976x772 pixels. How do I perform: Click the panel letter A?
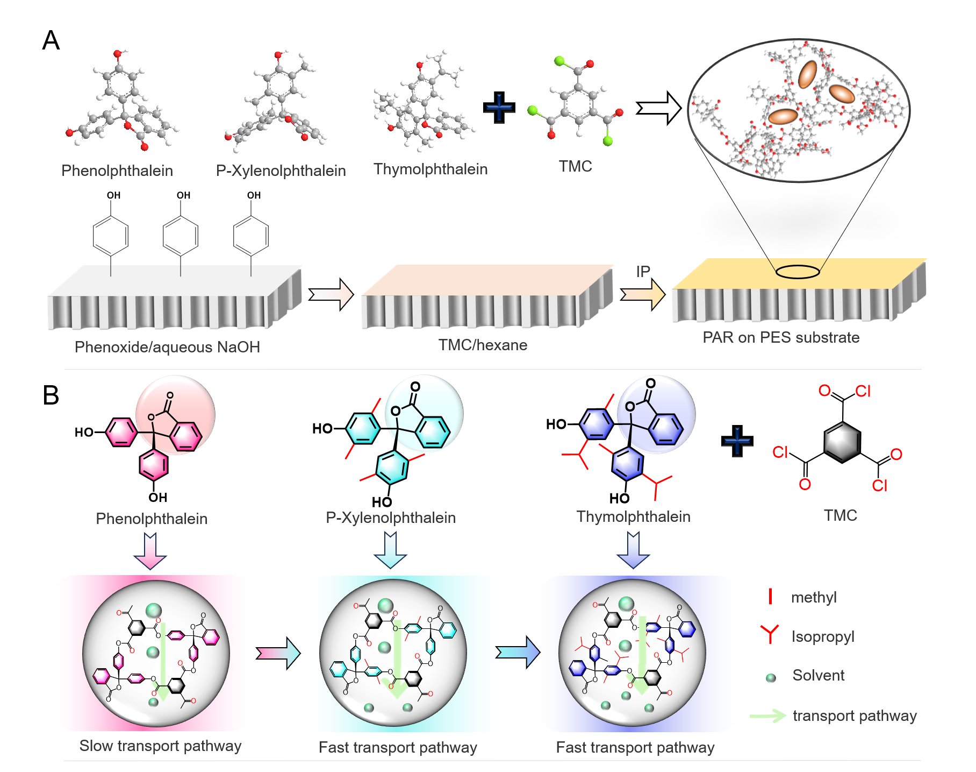(51, 40)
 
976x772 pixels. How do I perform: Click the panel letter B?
(51, 395)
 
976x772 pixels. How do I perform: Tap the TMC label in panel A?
(575, 166)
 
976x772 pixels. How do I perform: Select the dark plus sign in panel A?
(499, 107)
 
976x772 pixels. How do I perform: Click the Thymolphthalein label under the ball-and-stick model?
(430, 169)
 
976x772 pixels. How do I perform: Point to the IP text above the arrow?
(643, 272)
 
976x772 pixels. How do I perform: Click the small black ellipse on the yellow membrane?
(798, 272)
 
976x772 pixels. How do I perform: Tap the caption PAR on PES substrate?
(781, 337)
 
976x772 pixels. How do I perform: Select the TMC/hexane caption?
(483, 345)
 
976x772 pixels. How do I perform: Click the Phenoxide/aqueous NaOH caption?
(167, 347)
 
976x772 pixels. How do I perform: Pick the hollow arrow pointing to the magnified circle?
(658, 108)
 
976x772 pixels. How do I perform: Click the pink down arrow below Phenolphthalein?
(150, 551)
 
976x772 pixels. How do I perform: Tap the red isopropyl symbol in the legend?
(770, 634)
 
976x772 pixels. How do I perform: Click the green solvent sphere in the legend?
(771, 678)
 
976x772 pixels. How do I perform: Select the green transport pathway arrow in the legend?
(767, 716)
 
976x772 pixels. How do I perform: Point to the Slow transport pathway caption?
(160, 746)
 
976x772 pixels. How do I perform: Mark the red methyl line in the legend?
(770, 596)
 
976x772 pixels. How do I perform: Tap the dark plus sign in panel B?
(737, 441)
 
